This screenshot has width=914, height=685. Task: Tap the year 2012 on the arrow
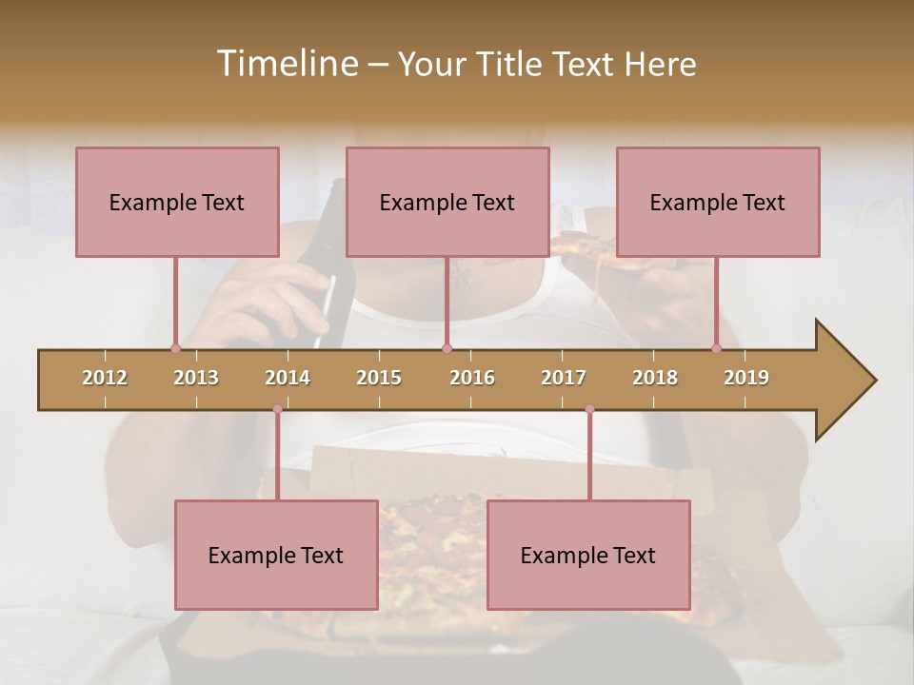point(105,378)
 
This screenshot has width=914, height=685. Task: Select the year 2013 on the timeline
point(196,378)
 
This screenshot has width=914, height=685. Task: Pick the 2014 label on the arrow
point(288,378)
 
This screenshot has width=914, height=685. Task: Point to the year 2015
point(379,378)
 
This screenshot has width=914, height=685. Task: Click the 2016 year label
point(472,378)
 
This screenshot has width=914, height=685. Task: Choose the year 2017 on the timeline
point(564,378)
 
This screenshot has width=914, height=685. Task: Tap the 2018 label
point(655,378)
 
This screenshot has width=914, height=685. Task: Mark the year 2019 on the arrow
point(746,378)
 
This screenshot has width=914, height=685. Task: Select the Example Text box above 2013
point(177,202)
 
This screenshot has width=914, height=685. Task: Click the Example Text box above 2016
point(447,202)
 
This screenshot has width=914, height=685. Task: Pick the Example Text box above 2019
point(718,202)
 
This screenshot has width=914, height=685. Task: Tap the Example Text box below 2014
point(276,555)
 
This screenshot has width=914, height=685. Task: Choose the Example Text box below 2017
point(588,555)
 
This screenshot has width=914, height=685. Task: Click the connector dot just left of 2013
point(175,348)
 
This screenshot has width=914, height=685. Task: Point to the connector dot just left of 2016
point(447,348)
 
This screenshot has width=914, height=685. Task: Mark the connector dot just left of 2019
point(716,348)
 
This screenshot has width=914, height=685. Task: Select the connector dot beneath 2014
point(277,409)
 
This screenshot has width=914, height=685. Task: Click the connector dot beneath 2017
point(589,409)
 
